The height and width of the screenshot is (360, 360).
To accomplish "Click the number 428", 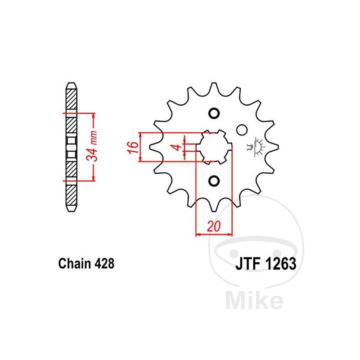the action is click(103, 264).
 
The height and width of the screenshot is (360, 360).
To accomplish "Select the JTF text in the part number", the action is click(248, 264).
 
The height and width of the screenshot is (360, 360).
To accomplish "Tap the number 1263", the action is click(280, 264).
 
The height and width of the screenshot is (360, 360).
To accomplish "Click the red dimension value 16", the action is click(133, 148).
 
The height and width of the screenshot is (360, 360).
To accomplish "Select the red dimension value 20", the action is click(213, 227).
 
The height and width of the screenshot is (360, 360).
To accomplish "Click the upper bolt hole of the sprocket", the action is click(214, 113).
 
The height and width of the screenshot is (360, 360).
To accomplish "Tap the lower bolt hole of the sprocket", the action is click(214, 181).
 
